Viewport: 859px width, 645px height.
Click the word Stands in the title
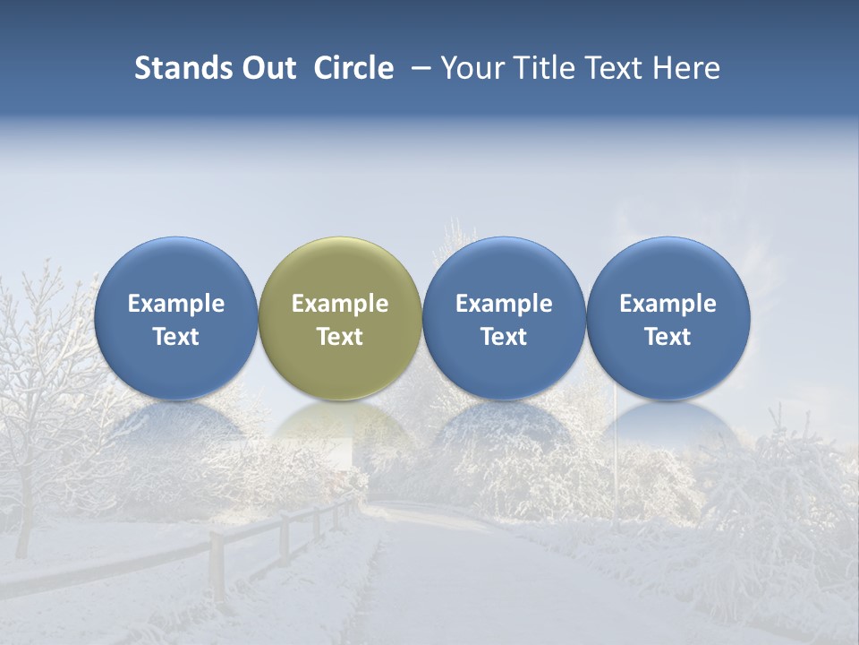click(x=182, y=68)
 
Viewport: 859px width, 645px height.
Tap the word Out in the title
click(x=267, y=68)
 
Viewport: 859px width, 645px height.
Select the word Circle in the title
click(x=353, y=68)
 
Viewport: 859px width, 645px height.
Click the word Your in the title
click(x=472, y=68)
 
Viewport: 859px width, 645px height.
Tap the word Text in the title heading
click(x=620, y=68)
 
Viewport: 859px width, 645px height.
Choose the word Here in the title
click(x=689, y=68)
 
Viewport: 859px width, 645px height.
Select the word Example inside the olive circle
click(x=340, y=304)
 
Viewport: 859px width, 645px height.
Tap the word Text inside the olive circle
click(x=340, y=337)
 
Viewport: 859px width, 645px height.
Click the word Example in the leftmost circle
click(x=176, y=304)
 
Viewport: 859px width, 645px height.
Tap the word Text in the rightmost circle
click(x=668, y=337)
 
